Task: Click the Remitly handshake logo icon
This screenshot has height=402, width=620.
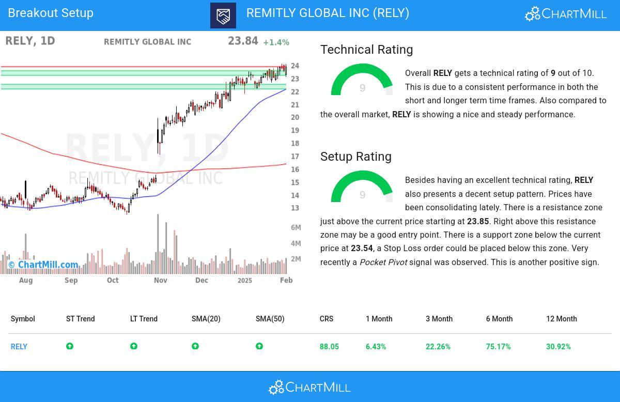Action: click(x=223, y=16)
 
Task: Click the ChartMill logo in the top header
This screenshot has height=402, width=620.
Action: click(x=566, y=14)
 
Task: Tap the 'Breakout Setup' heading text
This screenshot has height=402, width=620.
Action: click(x=51, y=13)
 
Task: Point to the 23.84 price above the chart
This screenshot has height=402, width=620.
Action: click(x=243, y=41)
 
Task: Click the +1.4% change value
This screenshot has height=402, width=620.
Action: click(x=276, y=42)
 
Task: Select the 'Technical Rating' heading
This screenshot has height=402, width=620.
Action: click(x=366, y=50)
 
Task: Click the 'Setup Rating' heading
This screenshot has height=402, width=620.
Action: click(x=355, y=157)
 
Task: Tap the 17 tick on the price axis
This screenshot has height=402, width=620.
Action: click(x=295, y=157)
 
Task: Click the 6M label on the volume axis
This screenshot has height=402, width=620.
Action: click(x=296, y=227)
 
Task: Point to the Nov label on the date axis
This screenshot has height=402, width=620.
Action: click(x=160, y=280)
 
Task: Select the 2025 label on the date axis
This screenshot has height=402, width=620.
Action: click(x=244, y=280)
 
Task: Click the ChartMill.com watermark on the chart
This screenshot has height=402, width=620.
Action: click(x=43, y=265)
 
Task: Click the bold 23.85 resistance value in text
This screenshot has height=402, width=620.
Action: click(x=478, y=221)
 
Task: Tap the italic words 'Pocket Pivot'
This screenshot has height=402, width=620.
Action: click(x=383, y=262)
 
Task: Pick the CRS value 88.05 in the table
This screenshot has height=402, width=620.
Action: click(x=329, y=347)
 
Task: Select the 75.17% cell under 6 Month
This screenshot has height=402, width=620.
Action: click(x=498, y=347)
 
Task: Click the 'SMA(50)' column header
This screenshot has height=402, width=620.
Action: click(x=270, y=319)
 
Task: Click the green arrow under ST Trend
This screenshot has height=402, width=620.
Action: click(x=70, y=346)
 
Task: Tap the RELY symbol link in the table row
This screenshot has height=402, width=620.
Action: click(x=19, y=347)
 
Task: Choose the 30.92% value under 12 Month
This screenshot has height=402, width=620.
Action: click(x=558, y=347)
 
